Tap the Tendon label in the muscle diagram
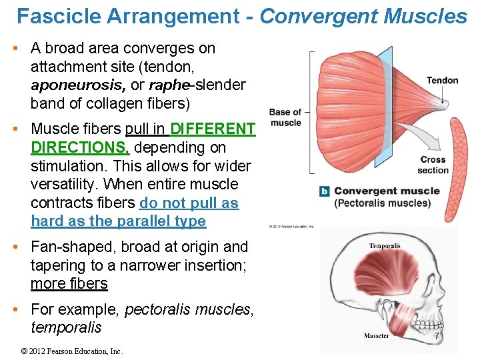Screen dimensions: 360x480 442,81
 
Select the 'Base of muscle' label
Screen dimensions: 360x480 285,117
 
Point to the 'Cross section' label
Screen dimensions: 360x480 433,165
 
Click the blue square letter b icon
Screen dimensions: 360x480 325,191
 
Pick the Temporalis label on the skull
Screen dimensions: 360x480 385,246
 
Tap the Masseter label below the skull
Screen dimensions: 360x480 376,335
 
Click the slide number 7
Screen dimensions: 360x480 437,337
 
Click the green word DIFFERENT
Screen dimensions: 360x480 213,129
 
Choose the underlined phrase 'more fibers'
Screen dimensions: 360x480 69,283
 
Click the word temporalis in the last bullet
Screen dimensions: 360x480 66,327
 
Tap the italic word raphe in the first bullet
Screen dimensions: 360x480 169,85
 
